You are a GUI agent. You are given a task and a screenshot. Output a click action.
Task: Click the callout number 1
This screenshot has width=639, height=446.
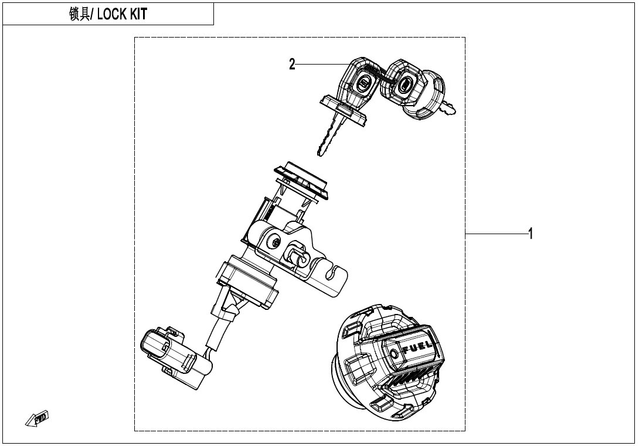pos(530,234)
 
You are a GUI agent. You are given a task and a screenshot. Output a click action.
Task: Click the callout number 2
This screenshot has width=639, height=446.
pos(292,65)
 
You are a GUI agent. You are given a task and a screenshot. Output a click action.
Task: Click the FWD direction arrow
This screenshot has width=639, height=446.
pos(38,418)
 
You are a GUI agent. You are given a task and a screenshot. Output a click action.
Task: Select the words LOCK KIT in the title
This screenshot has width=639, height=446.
pos(122,14)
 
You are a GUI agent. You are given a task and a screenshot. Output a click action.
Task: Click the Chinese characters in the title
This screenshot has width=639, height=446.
pos(79,14)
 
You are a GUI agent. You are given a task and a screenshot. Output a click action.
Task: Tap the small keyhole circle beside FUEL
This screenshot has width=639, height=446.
pos(394,353)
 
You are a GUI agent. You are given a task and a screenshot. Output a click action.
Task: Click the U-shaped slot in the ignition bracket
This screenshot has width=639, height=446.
pos(334,272)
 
